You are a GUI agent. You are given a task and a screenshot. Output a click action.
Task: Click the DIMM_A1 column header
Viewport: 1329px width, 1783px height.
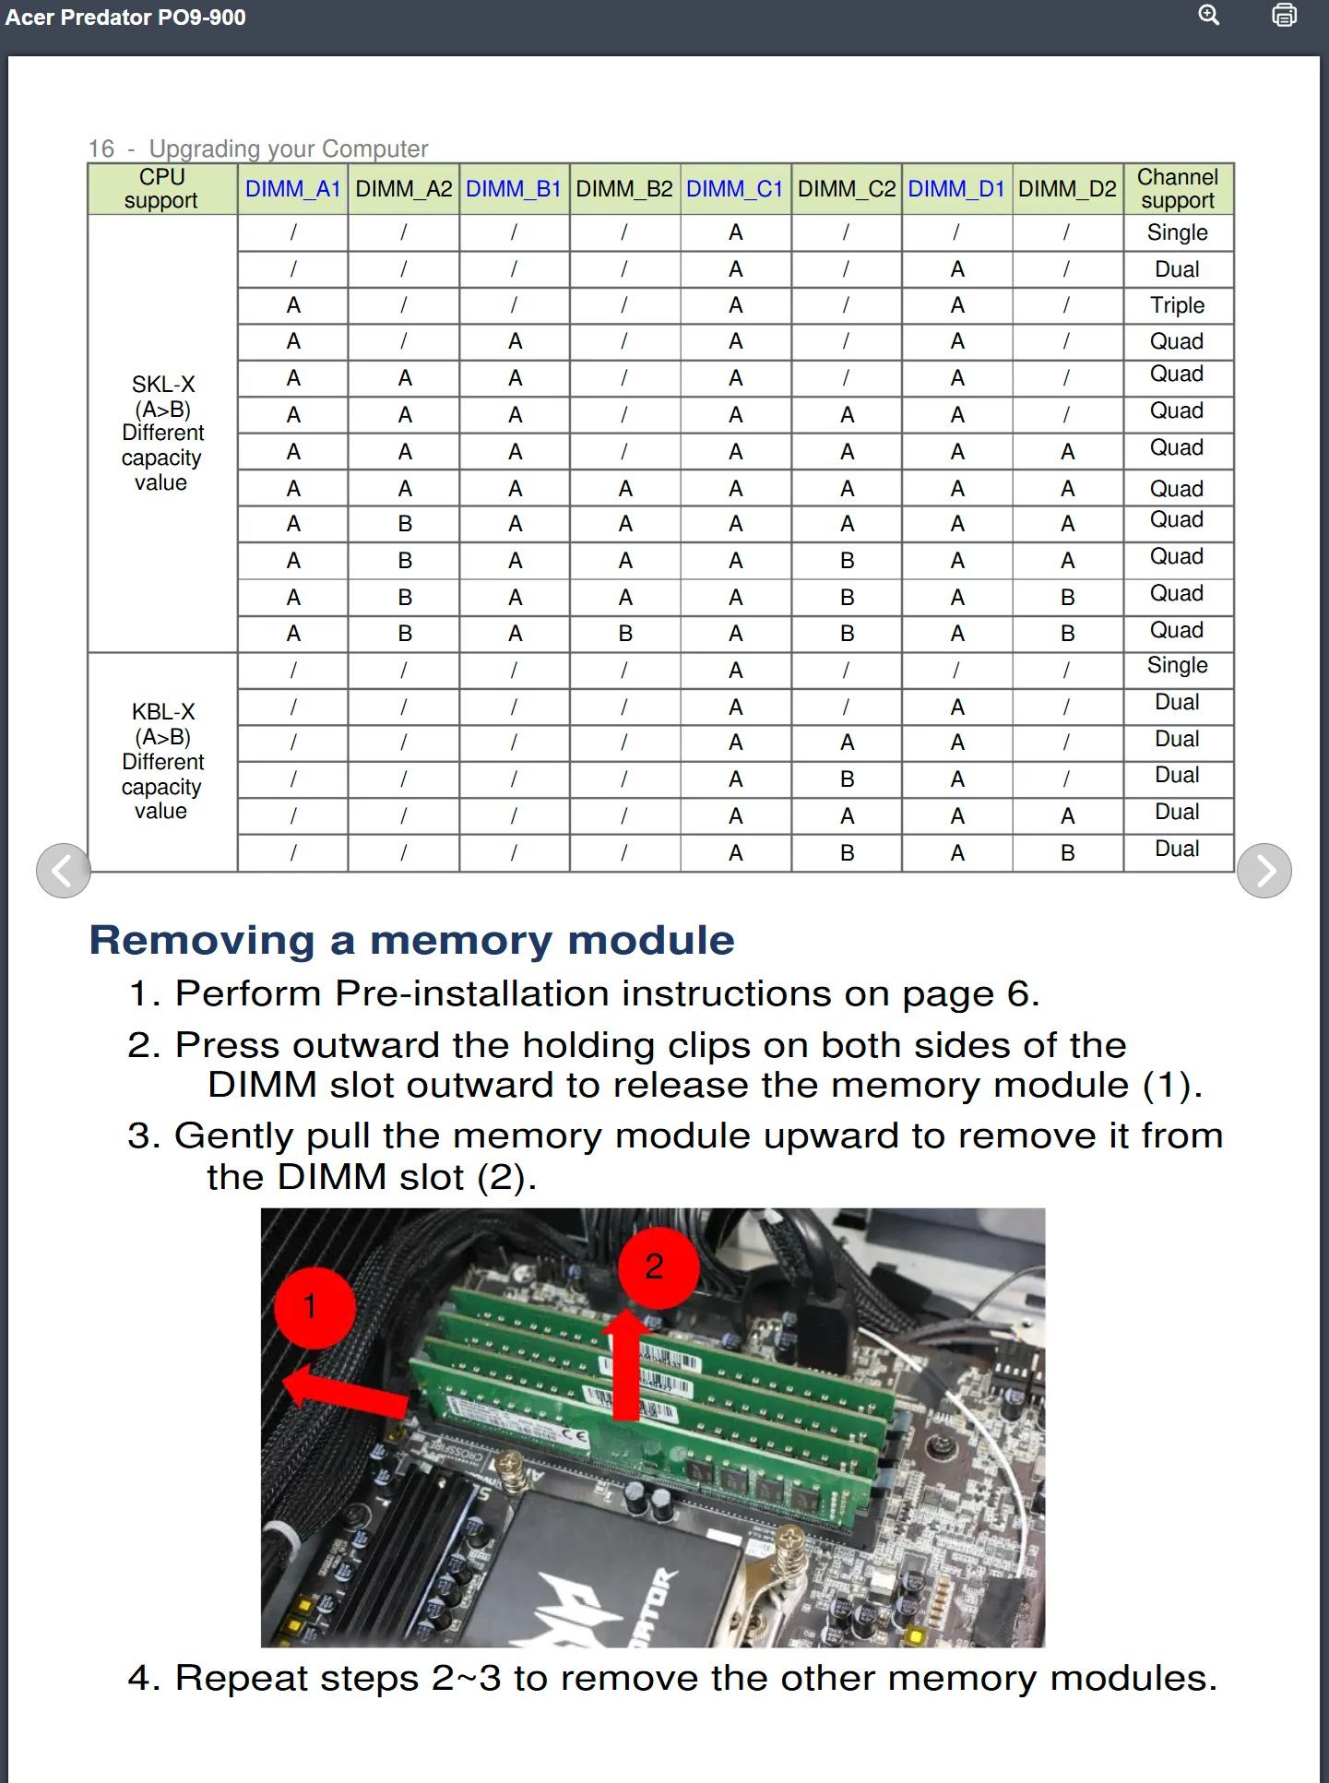[292, 189]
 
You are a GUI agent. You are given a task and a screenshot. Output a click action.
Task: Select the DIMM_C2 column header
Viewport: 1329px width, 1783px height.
[846, 189]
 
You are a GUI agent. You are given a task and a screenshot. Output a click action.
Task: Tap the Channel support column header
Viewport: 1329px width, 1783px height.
[1178, 189]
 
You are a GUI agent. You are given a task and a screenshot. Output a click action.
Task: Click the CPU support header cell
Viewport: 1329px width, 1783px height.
[161, 189]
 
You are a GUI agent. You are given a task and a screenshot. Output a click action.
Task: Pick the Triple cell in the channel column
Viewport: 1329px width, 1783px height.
[1177, 305]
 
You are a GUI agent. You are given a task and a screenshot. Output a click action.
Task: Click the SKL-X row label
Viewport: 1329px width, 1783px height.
[163, 385]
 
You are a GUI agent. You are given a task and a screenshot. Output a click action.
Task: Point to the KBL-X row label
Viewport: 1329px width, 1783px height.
[163, 712]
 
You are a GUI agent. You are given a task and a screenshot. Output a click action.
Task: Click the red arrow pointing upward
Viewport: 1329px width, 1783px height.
[626, 1365]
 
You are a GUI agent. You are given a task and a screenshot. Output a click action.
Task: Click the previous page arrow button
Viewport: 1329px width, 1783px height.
[63, 870]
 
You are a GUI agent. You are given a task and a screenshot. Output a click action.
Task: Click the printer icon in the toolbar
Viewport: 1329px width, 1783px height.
[1284, 16]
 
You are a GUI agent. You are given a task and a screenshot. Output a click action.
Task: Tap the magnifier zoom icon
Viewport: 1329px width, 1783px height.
[1208, 16]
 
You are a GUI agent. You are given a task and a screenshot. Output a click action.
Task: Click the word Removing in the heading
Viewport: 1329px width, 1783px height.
[202, 940]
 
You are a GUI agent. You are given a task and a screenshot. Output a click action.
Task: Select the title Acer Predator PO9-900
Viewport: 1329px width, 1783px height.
[125, 18]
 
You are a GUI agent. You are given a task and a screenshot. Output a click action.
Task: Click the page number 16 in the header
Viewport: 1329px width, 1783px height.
[101, 149]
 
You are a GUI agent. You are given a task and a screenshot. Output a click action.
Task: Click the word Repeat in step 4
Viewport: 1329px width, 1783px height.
[241, 1678]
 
